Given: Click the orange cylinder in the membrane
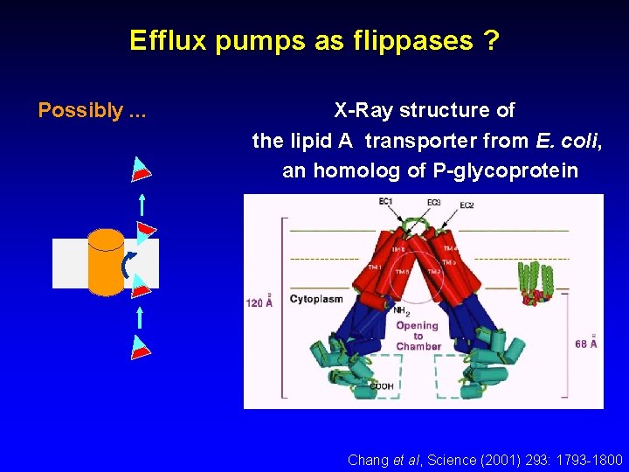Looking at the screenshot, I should (107, 261).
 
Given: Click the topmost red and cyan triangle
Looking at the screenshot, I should (142, 168).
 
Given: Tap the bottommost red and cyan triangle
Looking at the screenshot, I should (141, 347).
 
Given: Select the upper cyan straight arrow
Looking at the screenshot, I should (141, 205).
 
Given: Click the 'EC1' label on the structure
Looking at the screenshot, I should (385, 203).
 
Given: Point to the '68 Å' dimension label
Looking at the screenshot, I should (587, 342).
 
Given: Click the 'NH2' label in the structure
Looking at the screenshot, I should (403, 310).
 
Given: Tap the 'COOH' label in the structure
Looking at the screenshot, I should (381, 385).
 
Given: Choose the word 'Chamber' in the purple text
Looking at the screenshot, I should (418, 346).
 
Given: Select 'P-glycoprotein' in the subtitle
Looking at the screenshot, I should (505, 170).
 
